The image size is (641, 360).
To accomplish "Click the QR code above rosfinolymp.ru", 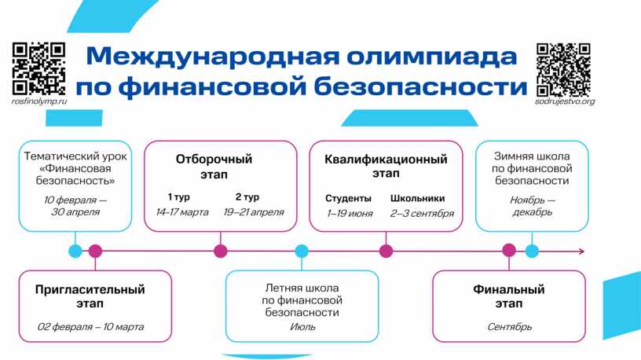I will click(x=38, y=68).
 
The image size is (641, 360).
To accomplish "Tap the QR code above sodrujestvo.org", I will click(x=563, y=68).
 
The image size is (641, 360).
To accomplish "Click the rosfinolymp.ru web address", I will click(x=39, y=101).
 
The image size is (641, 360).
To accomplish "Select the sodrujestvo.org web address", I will click(x=564, y=101).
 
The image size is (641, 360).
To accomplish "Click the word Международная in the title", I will click(x=202, y=57).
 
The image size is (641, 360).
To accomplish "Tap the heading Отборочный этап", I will click(x=214, y=166).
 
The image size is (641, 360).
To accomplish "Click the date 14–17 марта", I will click(x=182, y=212).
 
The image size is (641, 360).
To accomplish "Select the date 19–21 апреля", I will click(x=253, y=212).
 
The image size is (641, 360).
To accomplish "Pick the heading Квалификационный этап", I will click(x=386, y=166).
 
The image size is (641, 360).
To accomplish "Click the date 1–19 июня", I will click(x=350, y=213).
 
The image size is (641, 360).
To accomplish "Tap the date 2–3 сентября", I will click(x=422, y=213).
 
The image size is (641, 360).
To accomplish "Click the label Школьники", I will click(x=418, y=198).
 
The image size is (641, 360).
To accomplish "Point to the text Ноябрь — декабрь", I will click(x=532, y=206).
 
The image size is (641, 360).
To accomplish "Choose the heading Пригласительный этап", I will click(x=90, y=296).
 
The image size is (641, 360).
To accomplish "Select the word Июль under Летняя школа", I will click(x=302, y=327).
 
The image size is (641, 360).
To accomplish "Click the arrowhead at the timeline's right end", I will click(x=581, y=252).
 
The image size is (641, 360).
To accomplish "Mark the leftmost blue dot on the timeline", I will click(x=75, y=252).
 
